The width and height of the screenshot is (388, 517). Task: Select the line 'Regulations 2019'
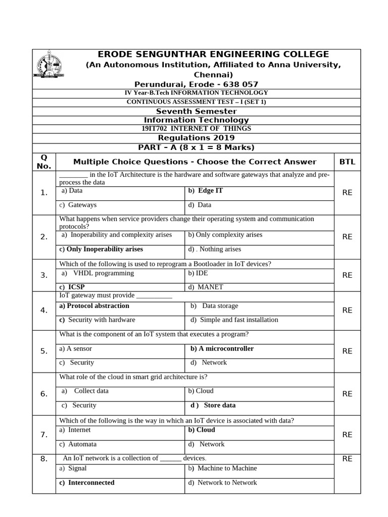coord(196,138)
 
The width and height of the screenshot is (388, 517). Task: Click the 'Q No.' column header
coord(44,162)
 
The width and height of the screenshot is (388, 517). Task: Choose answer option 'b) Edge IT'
coord(205,191)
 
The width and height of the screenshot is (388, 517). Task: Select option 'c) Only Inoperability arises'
coord(101,249)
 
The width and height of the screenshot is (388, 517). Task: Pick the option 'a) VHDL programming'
coord(98,273)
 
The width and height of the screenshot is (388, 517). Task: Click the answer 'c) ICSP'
coord(72,287)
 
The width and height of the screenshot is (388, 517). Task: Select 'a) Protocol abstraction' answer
coord(94,305)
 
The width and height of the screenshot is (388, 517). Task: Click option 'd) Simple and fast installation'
coord(234,320)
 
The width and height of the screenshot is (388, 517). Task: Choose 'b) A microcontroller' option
coord(222,348)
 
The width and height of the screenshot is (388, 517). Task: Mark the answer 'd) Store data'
coord(213,405)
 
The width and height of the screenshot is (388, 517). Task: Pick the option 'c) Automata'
coord(78,444)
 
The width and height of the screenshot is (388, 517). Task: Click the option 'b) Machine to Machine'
coord(222,468)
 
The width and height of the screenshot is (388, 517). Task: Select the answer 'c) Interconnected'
coord(87,482)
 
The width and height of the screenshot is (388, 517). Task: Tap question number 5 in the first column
coord(44,351)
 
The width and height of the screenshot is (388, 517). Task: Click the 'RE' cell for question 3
coord(347,275)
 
